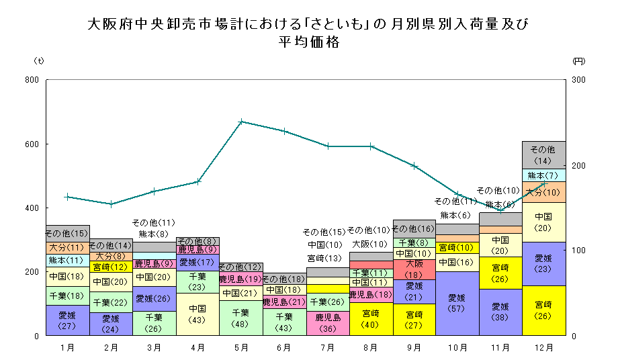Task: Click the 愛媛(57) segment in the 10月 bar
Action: click(457, 303)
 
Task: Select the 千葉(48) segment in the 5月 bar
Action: click(240, 318)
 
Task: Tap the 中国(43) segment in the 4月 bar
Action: click(197, 314)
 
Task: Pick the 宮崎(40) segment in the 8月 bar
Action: click(371, 318)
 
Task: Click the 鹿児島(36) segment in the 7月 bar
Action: click(328, 323)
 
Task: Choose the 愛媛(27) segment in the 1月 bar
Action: click(67, 320)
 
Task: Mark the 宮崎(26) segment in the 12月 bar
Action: click(543, 310)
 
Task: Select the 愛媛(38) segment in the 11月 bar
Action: click(500, 312)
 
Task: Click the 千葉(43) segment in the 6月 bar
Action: click(284, 322)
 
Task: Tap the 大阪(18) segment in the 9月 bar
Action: click(414, 269)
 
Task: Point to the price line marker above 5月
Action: click(241, 122)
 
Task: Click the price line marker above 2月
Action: click(111, 204)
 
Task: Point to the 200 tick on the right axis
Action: click(577, 165)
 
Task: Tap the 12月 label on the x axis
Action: click(544, 348)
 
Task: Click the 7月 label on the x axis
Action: click(328, 348)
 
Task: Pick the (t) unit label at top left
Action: click(39, 60)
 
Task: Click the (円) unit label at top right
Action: click(578, 60)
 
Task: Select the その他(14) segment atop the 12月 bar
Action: click(543, 154)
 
